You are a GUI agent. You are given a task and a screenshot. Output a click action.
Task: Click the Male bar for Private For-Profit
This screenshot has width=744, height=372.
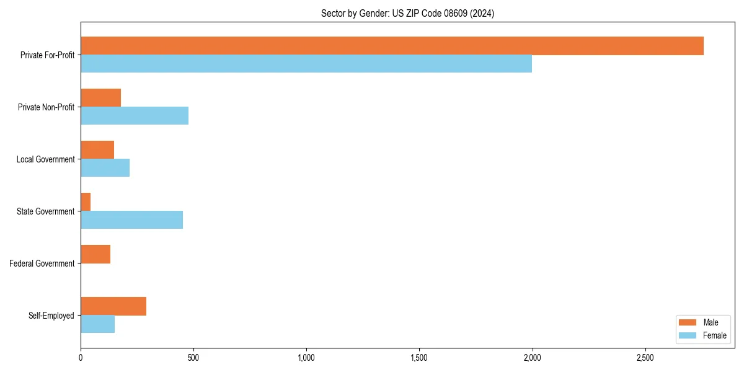click(392, 46)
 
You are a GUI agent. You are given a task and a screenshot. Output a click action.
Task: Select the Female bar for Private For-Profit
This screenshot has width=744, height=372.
click(306, 64)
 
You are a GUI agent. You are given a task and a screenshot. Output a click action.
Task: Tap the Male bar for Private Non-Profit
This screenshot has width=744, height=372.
click(100, 98)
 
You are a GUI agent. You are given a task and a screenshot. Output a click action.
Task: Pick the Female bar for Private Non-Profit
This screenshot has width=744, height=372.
click(135, 116)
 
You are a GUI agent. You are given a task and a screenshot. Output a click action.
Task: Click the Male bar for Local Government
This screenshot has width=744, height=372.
click(97, 150)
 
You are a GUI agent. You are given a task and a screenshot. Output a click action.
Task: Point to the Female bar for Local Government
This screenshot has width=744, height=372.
click(105, 168)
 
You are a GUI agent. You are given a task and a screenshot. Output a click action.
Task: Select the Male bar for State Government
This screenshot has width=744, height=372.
click(86, 202)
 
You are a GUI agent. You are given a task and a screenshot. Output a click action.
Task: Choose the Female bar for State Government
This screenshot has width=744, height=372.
click(131, 220)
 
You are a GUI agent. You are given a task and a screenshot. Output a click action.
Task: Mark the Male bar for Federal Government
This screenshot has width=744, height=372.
click(95, 254)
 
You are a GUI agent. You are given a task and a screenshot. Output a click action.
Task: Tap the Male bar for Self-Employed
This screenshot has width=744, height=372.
click(113, 306)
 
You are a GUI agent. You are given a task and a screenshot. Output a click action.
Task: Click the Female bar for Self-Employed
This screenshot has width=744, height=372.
click(97, 324)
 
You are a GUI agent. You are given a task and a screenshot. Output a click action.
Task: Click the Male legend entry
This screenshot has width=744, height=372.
click(702, 322)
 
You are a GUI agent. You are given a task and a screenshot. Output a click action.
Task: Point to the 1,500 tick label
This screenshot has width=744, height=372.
click(419, 358)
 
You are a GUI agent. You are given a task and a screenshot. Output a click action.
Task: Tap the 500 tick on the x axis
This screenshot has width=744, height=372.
click(193, 358)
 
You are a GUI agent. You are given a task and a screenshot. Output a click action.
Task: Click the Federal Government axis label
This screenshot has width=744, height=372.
click(42, 263)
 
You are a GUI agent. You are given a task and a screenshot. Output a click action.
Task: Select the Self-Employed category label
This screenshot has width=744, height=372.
click(51, 316)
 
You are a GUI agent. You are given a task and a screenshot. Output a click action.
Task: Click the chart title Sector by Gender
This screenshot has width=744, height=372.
click(407, 13)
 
